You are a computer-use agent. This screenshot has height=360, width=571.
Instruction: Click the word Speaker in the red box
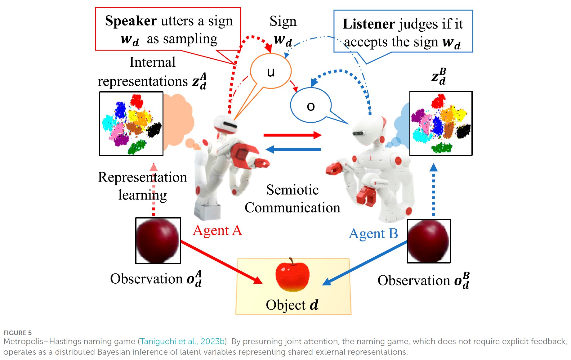click(131, 21)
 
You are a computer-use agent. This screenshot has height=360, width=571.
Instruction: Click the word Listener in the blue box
click(368, 24)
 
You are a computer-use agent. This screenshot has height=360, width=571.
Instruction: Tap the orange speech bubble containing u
click(270, 71)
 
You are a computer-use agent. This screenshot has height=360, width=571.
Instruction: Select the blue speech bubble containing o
click(311, 106)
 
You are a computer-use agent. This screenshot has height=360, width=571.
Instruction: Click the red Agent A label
click(217, 231)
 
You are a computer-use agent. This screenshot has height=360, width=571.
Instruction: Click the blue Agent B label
click(373, 234)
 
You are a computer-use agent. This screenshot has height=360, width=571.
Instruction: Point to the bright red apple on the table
click(292, 275)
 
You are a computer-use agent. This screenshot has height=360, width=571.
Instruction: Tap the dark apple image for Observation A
click(158, 241)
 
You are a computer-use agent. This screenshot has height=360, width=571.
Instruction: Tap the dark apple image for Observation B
click(429, 241)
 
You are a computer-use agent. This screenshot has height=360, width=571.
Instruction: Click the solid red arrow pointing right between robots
click(292, 135)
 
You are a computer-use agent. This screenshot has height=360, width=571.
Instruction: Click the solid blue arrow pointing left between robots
click(293, 149)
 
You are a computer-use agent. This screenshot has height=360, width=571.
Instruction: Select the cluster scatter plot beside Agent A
click(131, 124)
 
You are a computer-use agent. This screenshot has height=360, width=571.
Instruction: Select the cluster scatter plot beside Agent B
click(441, 123)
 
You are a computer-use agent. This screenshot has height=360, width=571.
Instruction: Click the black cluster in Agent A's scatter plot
click(154, 129)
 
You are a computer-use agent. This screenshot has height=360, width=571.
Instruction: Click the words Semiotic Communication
click(292, 199)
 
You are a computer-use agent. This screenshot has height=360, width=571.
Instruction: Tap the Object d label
click(292, 305)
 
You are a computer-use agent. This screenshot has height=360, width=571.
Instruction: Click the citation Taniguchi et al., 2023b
click(182, 341)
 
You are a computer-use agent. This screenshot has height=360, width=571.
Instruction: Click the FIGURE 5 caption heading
click(17, 333)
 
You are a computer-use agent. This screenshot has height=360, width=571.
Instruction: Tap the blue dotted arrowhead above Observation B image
click(434, 168)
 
